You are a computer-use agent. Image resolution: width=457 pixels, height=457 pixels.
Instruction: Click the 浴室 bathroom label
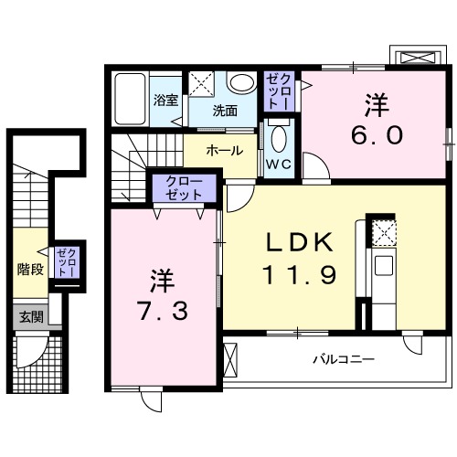165,100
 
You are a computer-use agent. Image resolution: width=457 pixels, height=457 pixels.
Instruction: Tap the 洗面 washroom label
225,111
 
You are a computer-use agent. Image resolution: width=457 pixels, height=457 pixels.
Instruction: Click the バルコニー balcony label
344,359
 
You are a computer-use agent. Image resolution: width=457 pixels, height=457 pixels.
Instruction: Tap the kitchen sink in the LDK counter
384,268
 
